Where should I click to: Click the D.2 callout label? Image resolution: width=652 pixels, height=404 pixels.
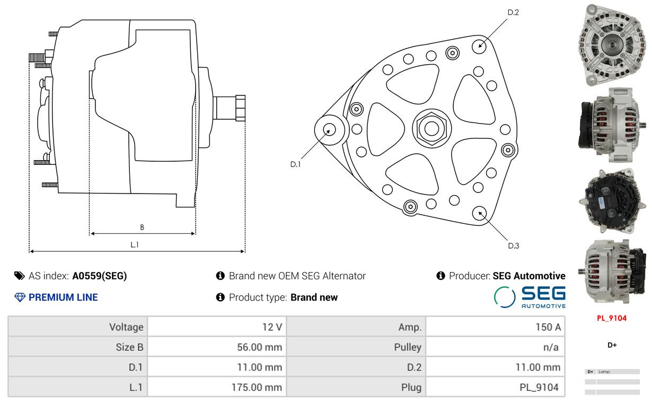[513, 13]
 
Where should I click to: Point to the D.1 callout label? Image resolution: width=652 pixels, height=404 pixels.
[295, 164]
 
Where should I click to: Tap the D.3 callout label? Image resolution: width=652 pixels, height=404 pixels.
[514, 246]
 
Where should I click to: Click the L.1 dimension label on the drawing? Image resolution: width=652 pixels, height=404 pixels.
[135, 245]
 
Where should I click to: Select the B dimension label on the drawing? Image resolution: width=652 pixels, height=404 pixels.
[142, 227]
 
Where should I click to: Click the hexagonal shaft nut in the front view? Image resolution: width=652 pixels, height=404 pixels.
[431, 128]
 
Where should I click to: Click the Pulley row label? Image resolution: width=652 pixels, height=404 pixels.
[408, 347]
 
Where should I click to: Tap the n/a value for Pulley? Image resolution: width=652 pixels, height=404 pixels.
[551, 347]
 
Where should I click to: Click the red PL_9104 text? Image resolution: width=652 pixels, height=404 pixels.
[612, 318]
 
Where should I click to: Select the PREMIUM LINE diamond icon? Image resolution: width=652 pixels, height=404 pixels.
[20, 297]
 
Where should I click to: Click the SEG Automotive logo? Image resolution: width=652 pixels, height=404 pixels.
[530, 297]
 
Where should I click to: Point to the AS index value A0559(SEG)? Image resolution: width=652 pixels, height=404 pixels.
[100, 276]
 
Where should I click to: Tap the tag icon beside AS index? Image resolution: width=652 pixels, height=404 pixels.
[20, 276]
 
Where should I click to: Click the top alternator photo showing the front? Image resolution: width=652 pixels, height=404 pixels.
[612, 45]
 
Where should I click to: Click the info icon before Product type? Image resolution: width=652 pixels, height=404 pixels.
[221, 297]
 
